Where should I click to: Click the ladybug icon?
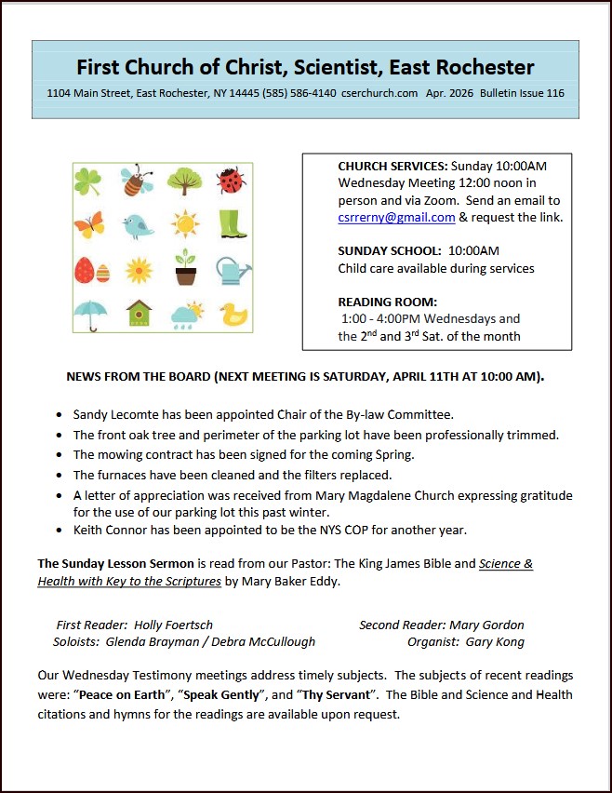(231, 180)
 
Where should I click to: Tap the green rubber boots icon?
(233, 223)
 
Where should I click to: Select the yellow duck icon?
(233, 315)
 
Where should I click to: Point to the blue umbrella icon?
(90, 315)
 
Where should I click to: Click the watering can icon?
(233, 270)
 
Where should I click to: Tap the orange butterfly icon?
(89, 224)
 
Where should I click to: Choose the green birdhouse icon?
(139, 314)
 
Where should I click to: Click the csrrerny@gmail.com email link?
(396, 217)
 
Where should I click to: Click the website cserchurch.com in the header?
(379, 93)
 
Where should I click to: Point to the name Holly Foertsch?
(173, 625)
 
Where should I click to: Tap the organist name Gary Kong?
(496, 641)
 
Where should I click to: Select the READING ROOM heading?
(387, 302)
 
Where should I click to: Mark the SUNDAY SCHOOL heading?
(389, 250)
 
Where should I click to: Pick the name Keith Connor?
(113, 530)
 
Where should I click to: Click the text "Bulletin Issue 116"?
(522, 93)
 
